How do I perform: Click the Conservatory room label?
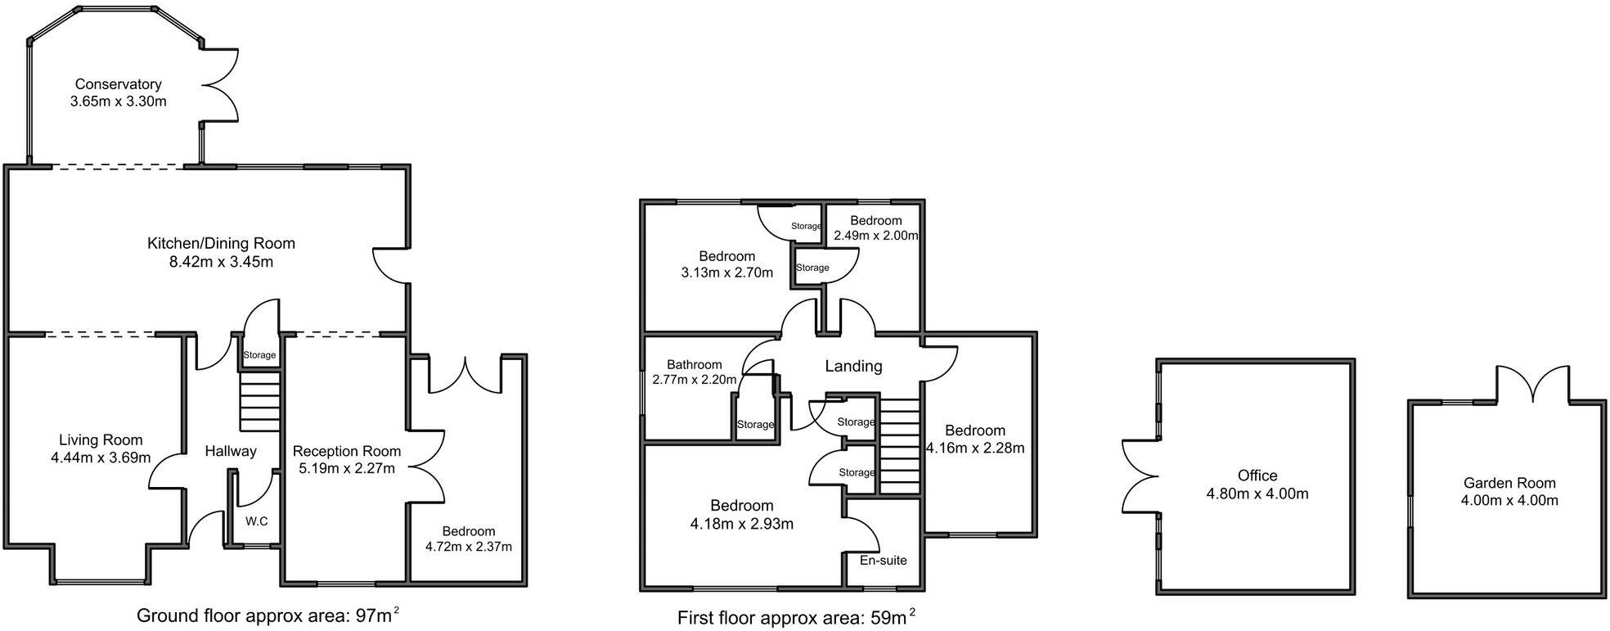point(118,84)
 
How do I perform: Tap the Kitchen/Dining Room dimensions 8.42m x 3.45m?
point(221,262)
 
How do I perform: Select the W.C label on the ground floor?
point(256,521)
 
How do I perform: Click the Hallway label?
point(230,451)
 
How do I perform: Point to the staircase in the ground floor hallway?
point(259,401)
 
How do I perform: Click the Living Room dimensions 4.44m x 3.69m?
point(100,457)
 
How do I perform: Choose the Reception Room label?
point(346,451)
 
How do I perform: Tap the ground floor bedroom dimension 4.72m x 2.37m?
point(468,547)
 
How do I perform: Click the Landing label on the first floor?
point(853,366)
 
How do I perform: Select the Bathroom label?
point(694,365)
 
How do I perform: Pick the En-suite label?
point(883,561)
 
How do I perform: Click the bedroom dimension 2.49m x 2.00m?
point(875,236)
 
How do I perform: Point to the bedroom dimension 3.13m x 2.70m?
point(726,273)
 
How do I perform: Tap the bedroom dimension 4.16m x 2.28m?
point(974,448)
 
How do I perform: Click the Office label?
point(1257,476)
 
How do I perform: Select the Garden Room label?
point(1509,483)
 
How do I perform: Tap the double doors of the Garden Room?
point(1533,384)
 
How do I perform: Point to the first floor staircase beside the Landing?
point(900,446)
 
